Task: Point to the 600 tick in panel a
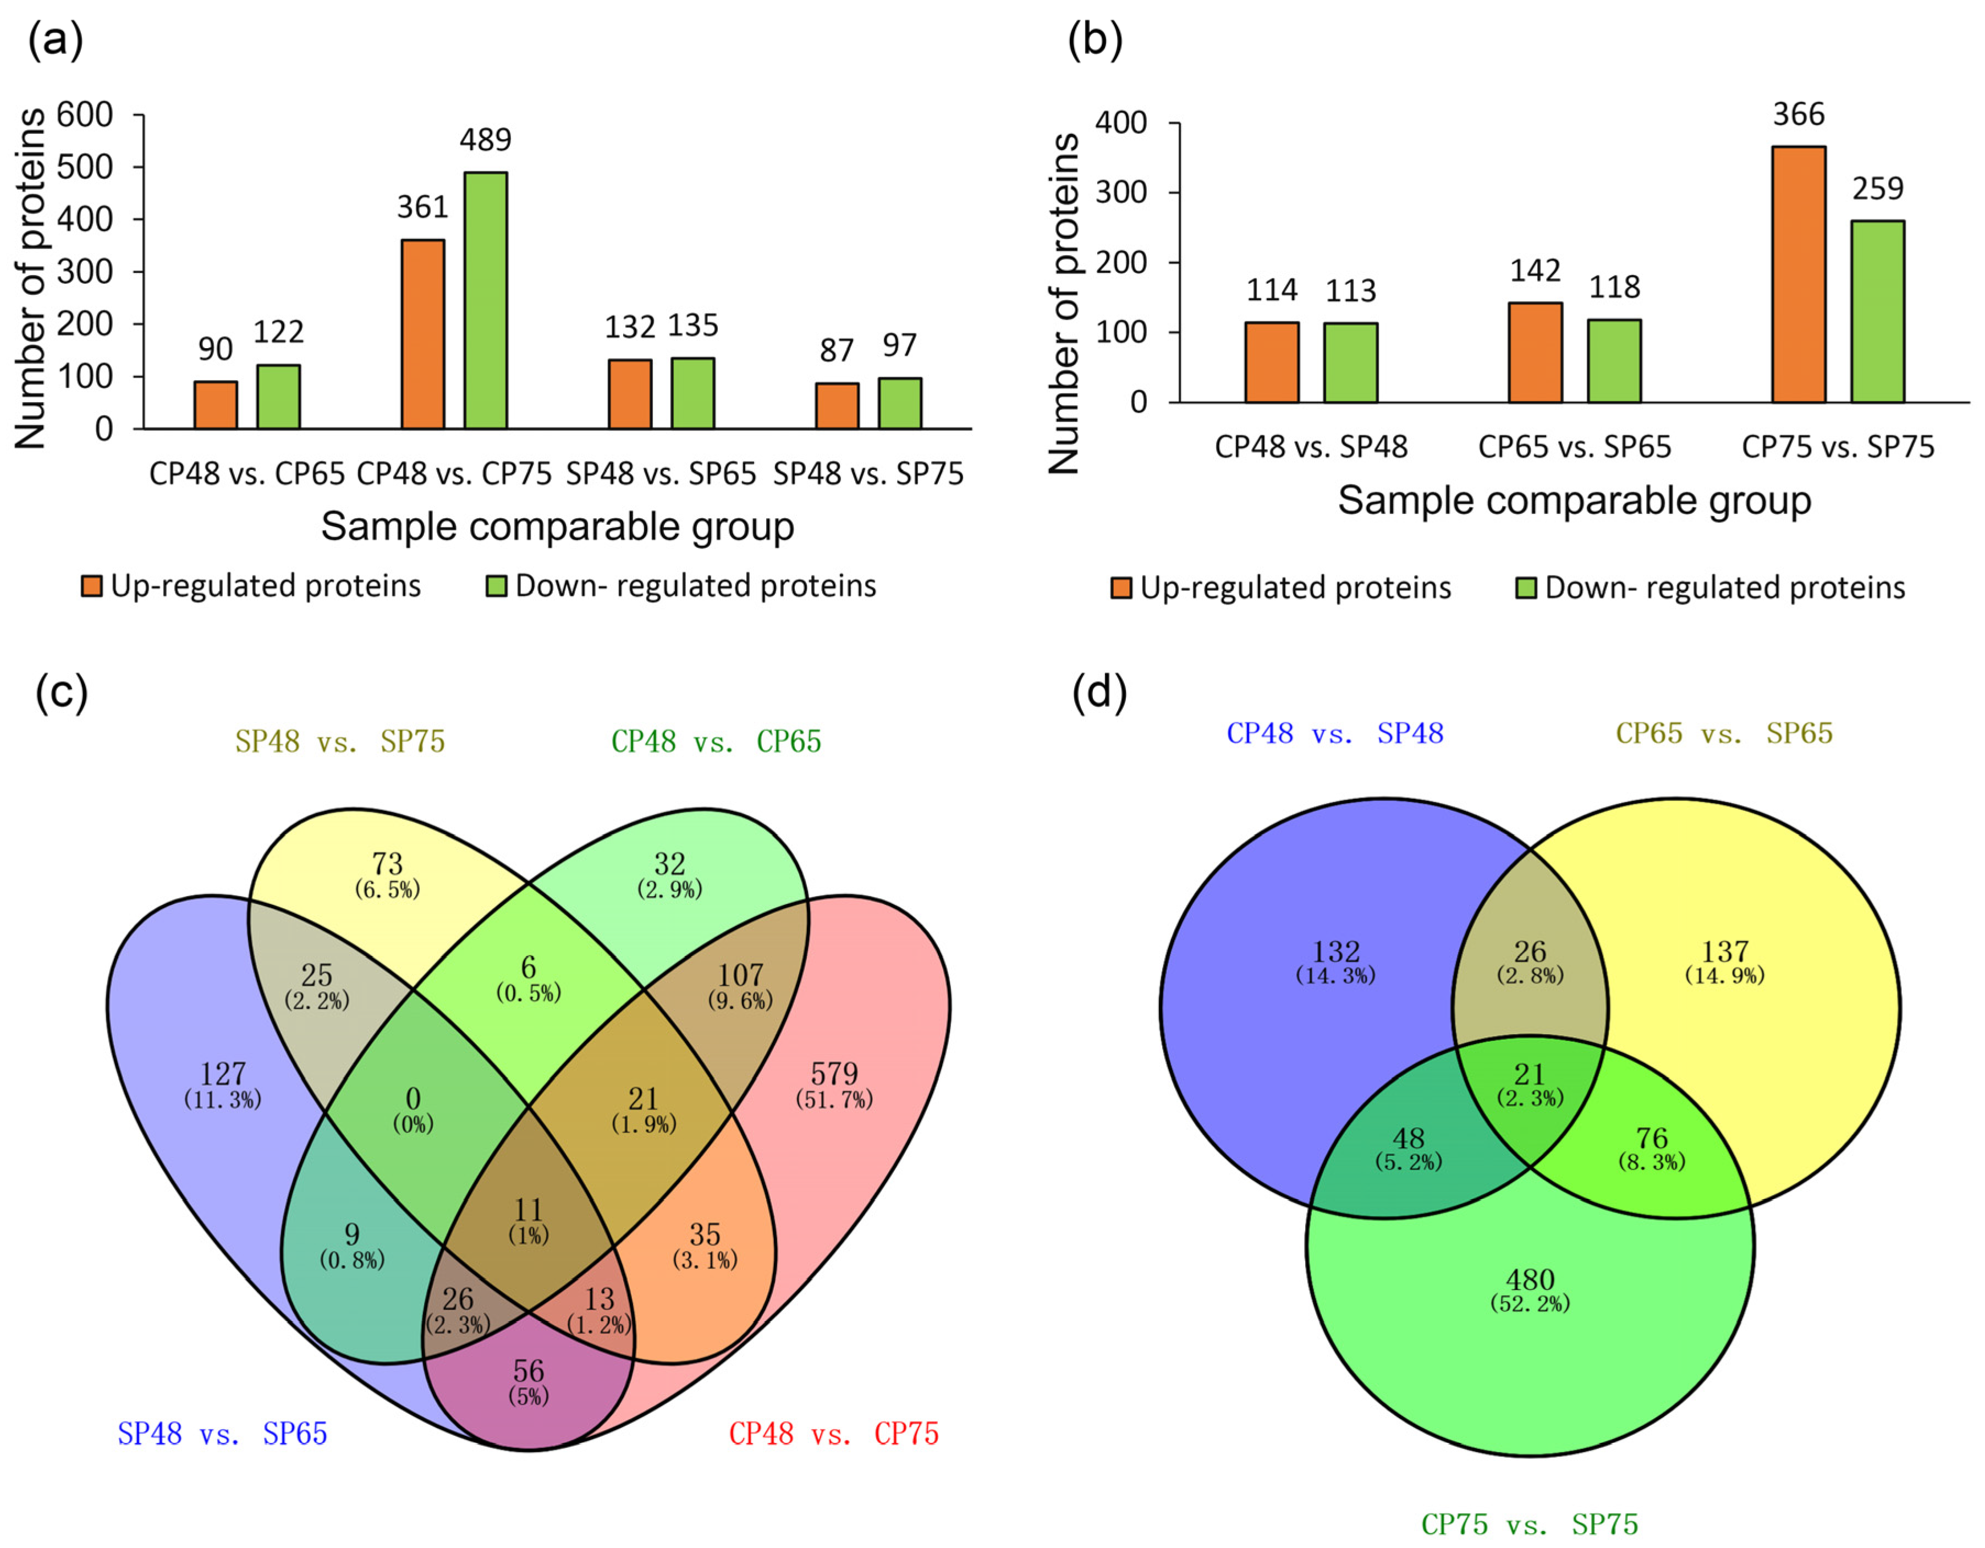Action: click(x=85, y=116)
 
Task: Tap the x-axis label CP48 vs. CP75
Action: click(x=454, y=474)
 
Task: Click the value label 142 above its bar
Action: click(x=1535, y=271)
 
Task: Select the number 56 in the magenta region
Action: click(x=528, y=1371)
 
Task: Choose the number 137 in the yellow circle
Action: click(x=1724, y=952)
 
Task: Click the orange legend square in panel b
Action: click(x=1120, y=588)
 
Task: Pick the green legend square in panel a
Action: click(x=496, y=586)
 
